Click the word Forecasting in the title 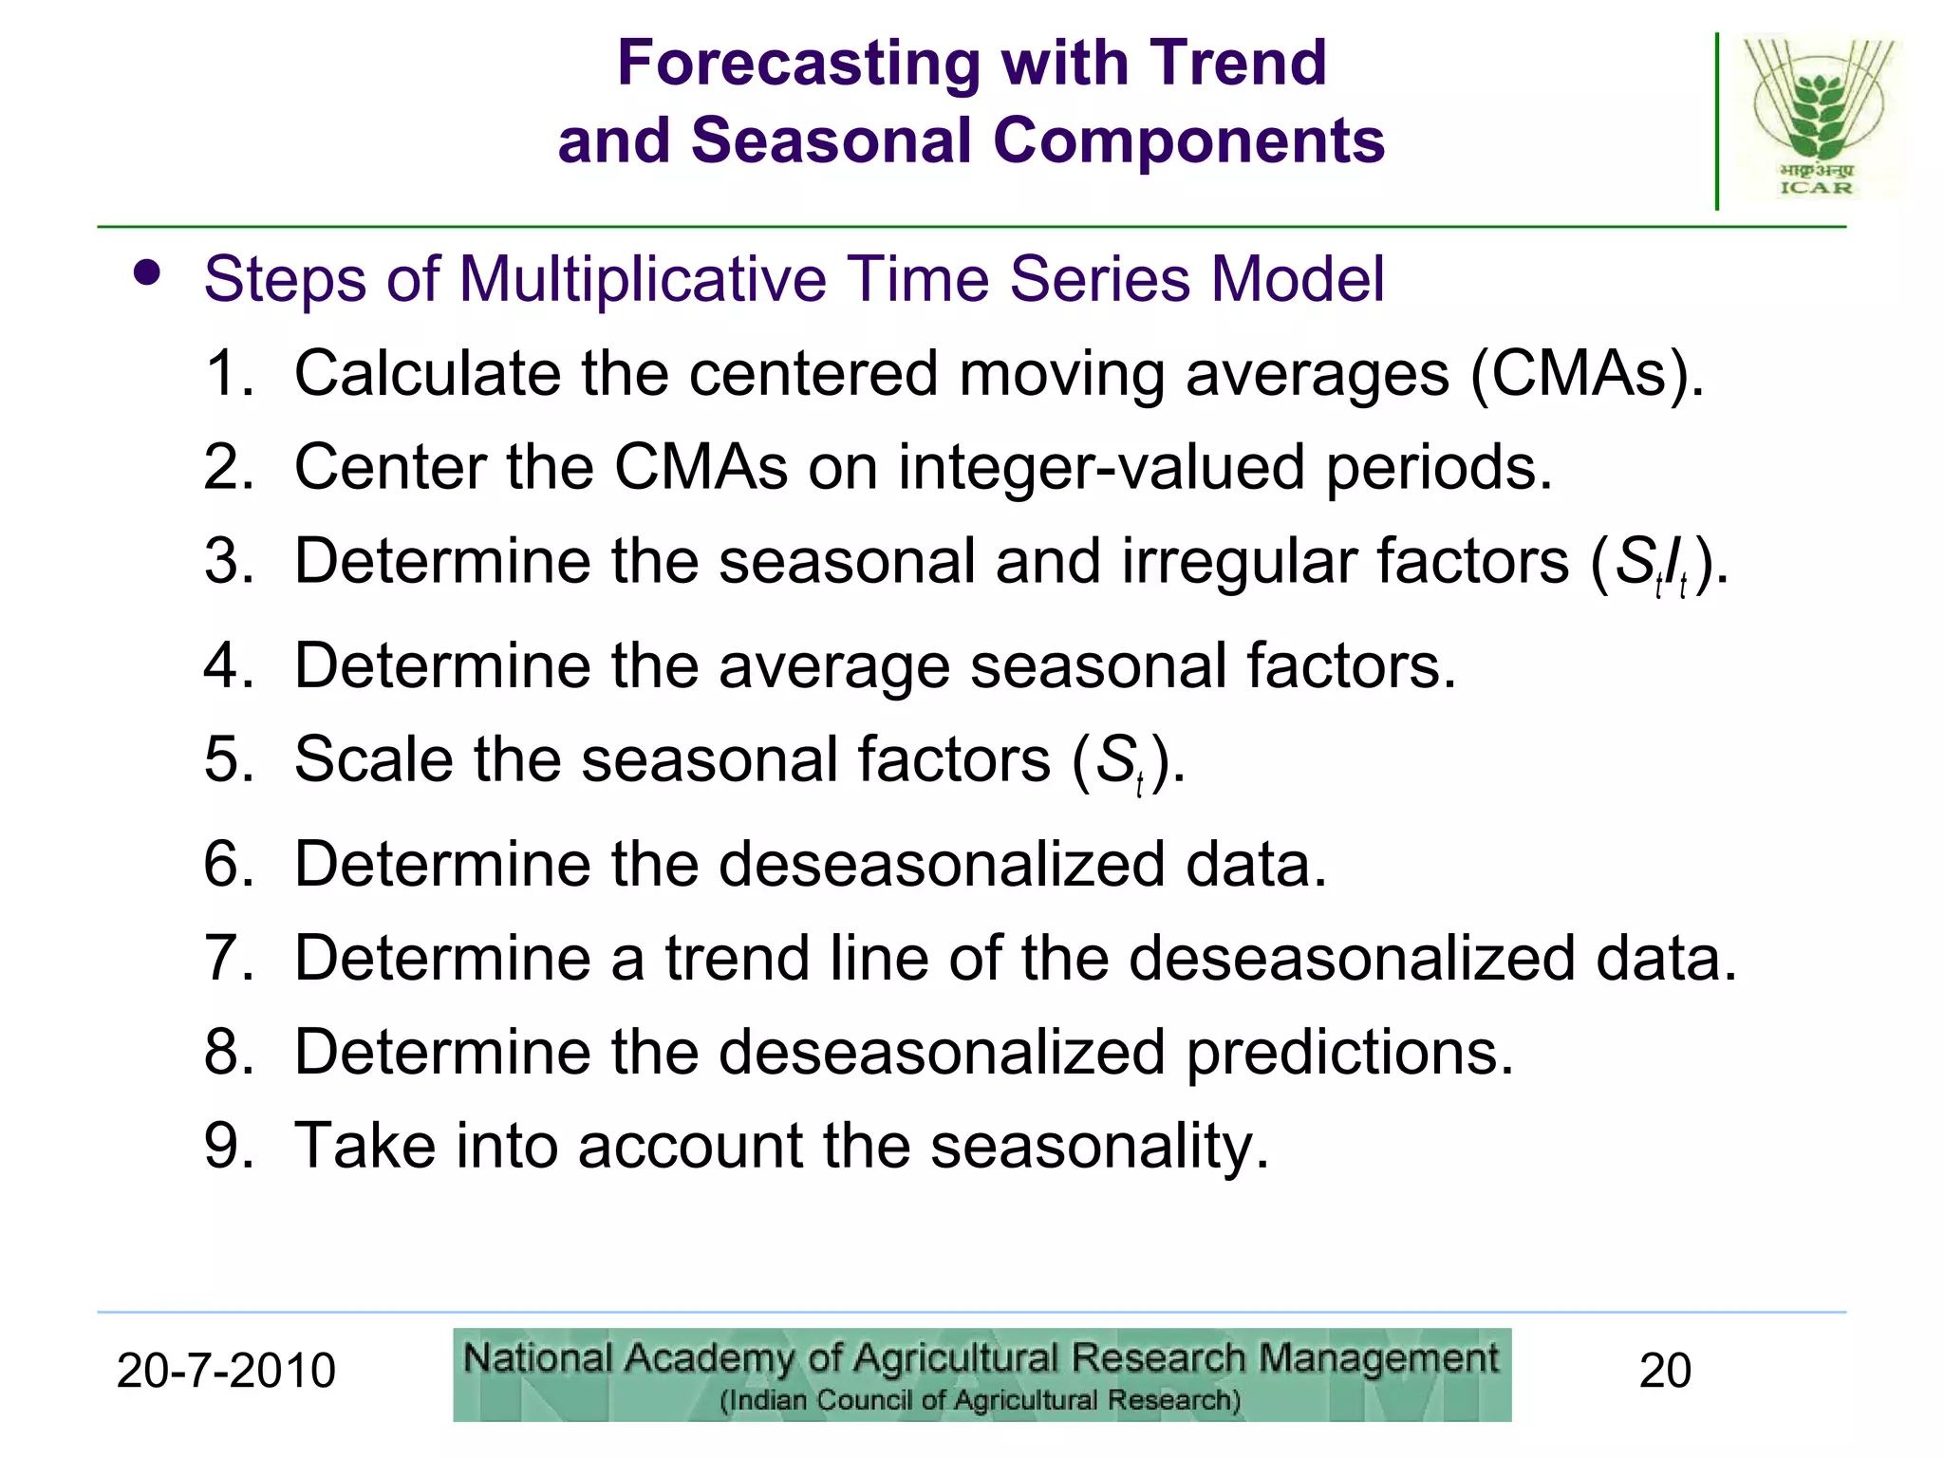[798, 63]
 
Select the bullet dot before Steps [147, 274]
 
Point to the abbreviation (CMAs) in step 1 [1586, 373]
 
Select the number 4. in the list [229, 664]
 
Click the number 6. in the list [229, 864]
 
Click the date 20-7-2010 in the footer [226, 1371]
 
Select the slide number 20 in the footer [1665, 1371]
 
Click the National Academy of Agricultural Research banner [981, 1374]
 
